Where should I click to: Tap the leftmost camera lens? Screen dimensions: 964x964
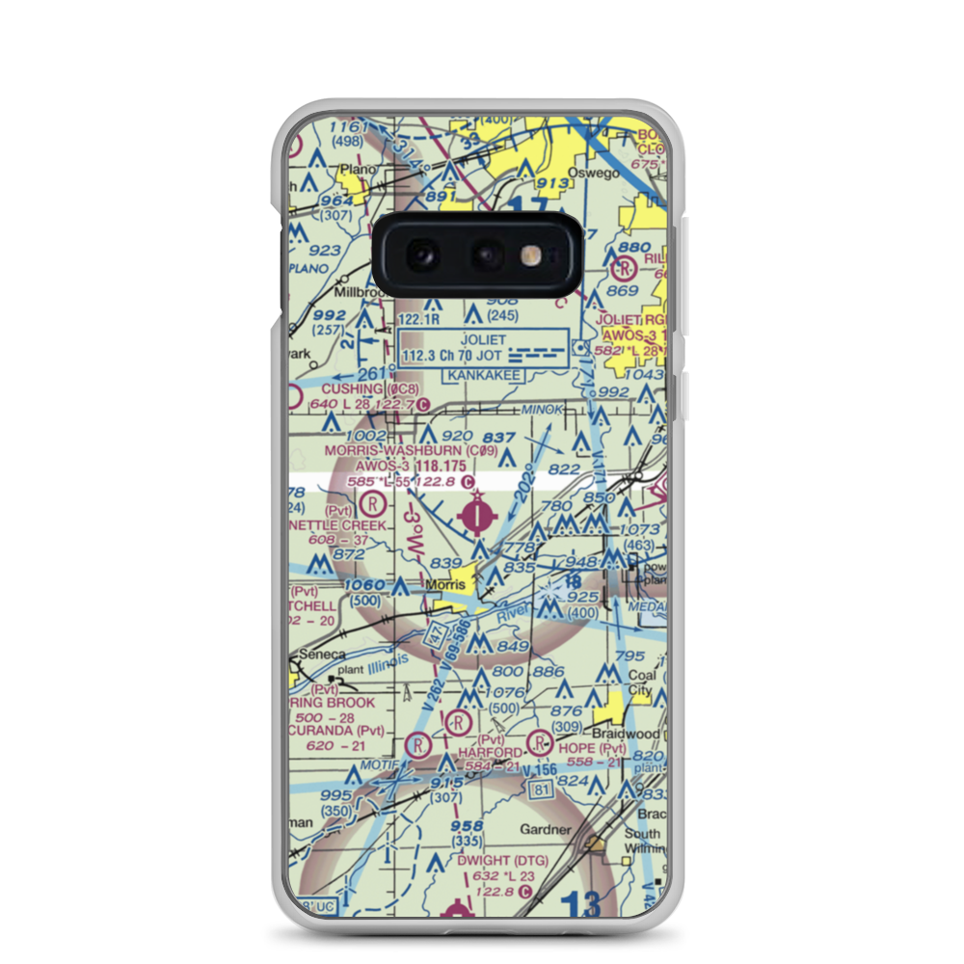(x=421, y=254)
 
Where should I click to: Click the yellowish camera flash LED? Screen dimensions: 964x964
(x=528, y=254)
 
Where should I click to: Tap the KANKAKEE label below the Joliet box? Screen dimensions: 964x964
(x=483, y=374)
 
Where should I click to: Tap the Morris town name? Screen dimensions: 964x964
(x=445, y=585)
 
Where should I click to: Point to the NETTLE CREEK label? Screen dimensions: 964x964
(x=343, y=525)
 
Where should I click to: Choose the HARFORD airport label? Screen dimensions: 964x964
(x=490, y=751)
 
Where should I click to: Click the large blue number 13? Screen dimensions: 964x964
(x=580, y=902)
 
